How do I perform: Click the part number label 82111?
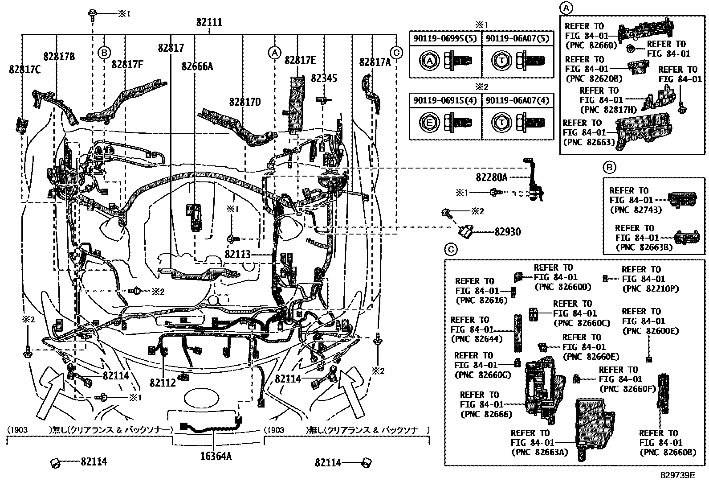(x=209, y=22)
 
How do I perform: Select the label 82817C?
(x=25, y=70)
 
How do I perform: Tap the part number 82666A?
(x=197, y=66)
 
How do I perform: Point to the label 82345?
(x=324, y=78)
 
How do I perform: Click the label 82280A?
(x=491, y=177)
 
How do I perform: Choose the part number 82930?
(x=507, y=232)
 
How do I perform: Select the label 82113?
(x=238, y=255)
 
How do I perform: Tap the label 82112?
(x=163, y=383)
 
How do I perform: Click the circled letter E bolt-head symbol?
(x=429, y=122)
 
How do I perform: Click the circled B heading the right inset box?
(x=609, y=167)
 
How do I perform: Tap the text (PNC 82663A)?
(x=539, y=452)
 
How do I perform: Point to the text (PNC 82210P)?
(x=650, y=288)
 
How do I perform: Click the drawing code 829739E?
(x=677, y=475)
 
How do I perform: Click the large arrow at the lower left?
(x=50, y=392)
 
